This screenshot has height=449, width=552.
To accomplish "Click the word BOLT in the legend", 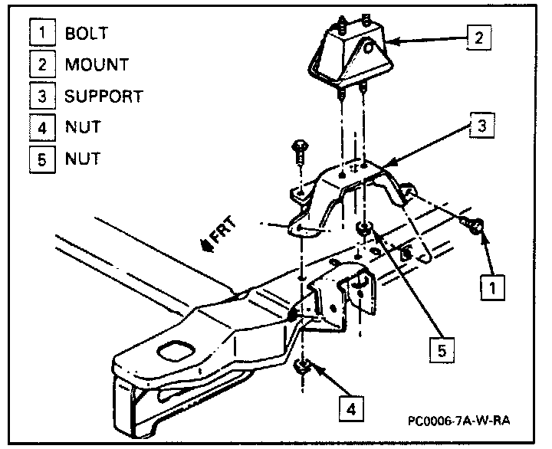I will tap(87, 34).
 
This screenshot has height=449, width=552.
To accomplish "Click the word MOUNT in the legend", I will tap(97, 65).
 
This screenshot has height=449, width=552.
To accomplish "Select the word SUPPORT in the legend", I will tap(103, 97).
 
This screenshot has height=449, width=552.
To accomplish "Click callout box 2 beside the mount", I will tap(478, 37).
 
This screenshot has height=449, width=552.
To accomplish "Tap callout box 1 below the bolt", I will tap(492, 287).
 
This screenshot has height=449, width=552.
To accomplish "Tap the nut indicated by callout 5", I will tap(366, 228).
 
